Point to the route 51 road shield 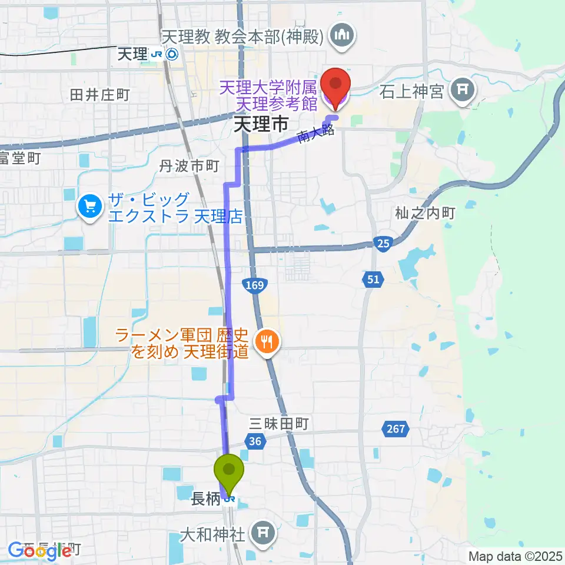(374, 280)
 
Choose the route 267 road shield (396, 429)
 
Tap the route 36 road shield (254, 441)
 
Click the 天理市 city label (261, 124)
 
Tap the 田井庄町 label (99, 94)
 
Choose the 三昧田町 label (279, 423)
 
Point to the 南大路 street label (316, 134)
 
